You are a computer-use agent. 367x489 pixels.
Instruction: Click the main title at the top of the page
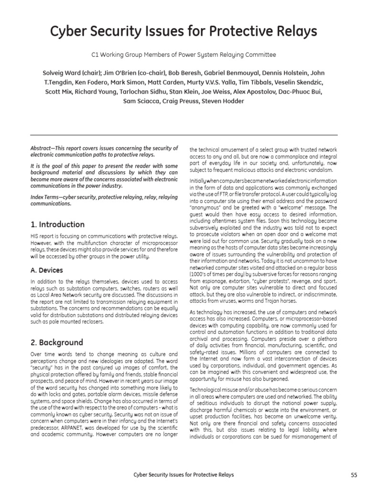pyautogui.click(x=183, y=32)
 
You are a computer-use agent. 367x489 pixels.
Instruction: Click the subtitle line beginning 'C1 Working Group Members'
pyautogui.click(x=183, y=55)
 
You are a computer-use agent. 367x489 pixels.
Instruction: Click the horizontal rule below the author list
pyautogui.click(x=183, y=135)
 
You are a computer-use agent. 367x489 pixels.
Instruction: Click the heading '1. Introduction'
pyautogui.click(x=57, y=224)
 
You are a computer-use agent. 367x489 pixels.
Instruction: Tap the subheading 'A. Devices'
pyautogui.click(x=46, y=270)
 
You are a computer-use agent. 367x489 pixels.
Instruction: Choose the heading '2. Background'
pyautogui.click(x=56, y=342)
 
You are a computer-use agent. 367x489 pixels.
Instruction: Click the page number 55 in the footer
pyautogui.click(x=354, y=474)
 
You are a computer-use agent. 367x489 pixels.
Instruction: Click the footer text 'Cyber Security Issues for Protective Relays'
pyautogui.click(x=183, y=474)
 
